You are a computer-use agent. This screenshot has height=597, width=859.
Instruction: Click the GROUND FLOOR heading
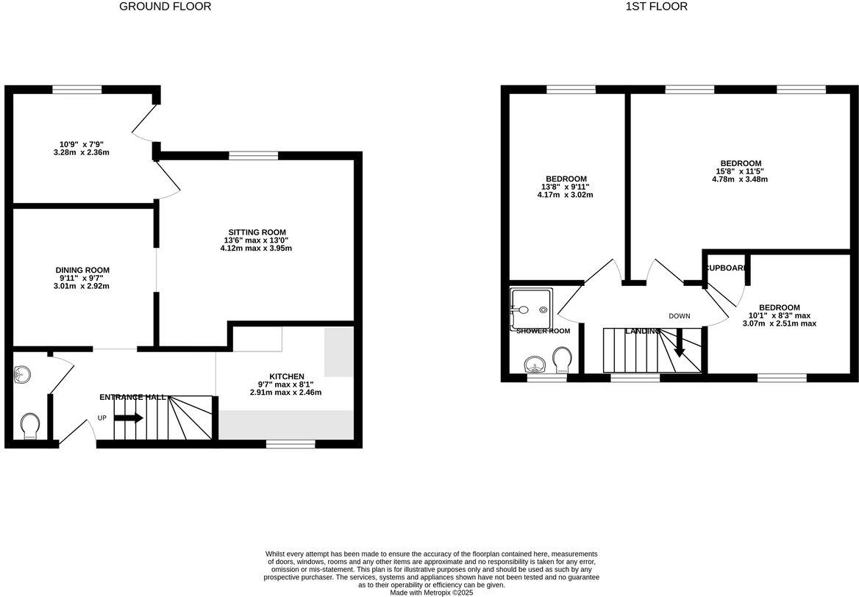click(x=165, y=7)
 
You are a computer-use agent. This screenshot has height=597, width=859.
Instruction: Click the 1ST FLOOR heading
click(x=656, y=7)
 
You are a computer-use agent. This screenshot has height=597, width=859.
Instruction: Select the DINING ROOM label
click(x=82, y=270)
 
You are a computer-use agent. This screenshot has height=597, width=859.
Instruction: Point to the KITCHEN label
click(x=285, y=376)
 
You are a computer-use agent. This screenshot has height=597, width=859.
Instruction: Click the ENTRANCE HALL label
click(x=132, y=397)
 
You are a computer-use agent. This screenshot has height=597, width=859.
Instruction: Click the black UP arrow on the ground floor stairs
click(x=129, y=418)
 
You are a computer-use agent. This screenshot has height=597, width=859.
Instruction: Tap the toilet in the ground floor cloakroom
click(x=30, y=424)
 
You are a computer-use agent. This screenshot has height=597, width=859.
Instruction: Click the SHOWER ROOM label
click(x=543, y=331)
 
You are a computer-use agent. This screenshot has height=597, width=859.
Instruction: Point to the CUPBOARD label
click(x=727, y=268)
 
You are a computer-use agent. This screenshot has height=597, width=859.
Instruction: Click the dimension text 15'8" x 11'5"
click(x=741, y=171)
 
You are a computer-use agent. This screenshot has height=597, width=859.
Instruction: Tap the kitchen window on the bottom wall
click(x=291, y=443)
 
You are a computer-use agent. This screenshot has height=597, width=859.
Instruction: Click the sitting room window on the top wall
click(x=253, y=155)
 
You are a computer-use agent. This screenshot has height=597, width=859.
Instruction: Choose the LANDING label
click(x=642, y=332)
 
